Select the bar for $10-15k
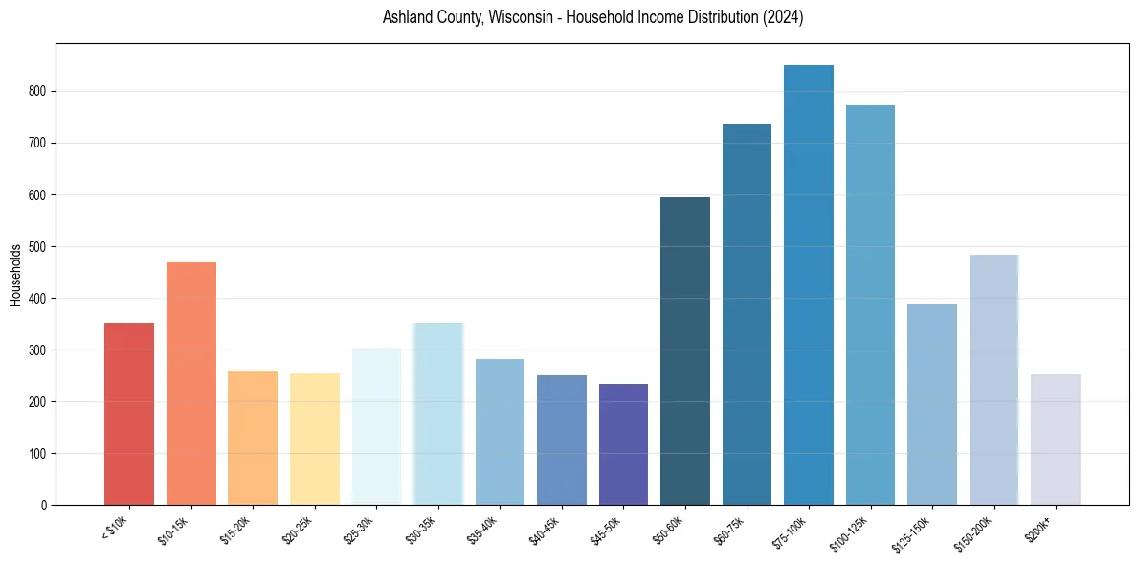click(191, 383)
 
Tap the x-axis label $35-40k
click(485, 530)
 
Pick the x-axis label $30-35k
click(423, 530)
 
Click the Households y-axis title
click(15, 274)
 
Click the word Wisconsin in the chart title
click(520, 17)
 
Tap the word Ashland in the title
click(406, 17)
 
